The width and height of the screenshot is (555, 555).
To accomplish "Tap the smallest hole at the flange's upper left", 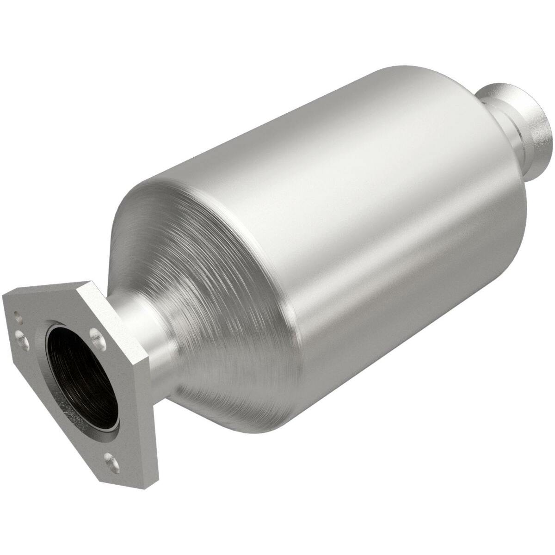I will (17, 318).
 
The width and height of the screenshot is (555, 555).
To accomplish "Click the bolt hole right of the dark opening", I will (96, 334).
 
